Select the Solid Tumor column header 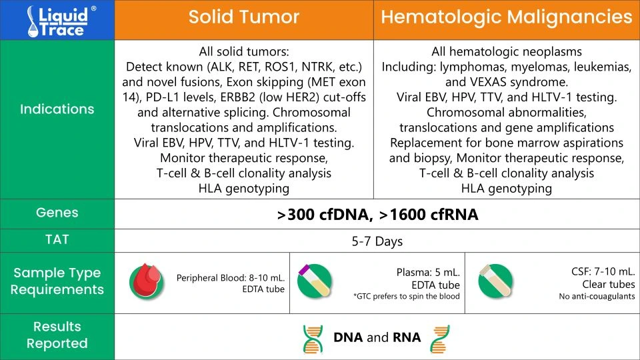(x=244, y=17)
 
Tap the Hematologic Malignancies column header (x=507, y=17)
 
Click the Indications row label (x=57, y=109)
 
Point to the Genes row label (x=57, y=213)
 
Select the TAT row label (x=57, y=239)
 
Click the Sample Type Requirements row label (x=57, y=281)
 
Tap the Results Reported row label (x=57, y=335)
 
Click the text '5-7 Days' (x=377, y=241)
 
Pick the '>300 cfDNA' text (x=325, y=215)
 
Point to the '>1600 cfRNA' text (x=429, y=215)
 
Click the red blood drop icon (x=147, y=281)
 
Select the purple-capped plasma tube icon (x=314, y=281)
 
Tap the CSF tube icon (x=495, y=281)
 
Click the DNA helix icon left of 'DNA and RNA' (x=313, y=339)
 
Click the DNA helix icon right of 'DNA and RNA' (x=440, y=339)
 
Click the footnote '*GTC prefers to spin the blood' (x=407, y=296)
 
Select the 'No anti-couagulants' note (x=597, y=296)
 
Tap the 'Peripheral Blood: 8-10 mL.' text (x=231, y=278)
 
